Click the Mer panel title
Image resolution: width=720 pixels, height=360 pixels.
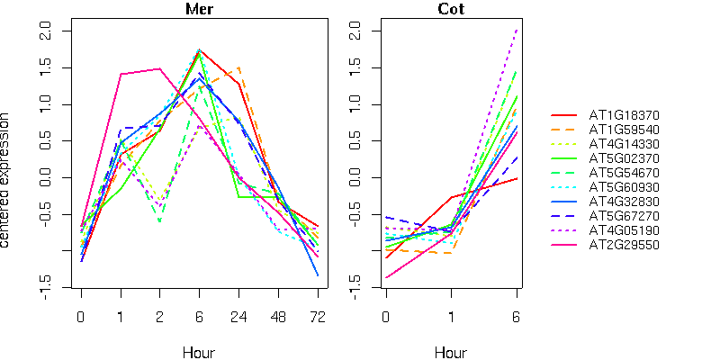click(199, 10)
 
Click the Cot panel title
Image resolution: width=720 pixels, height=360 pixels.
click(451, 10)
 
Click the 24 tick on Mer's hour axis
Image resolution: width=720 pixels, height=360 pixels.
click(238, 318)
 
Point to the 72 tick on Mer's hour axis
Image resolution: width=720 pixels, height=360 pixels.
click(318, 318)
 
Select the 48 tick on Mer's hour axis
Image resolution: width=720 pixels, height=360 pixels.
click(278, 318)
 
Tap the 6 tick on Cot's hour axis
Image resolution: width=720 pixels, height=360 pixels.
click(517, 318)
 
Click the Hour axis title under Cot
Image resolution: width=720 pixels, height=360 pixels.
click(451, 352)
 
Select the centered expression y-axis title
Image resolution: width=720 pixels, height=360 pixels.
click(7, 180)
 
